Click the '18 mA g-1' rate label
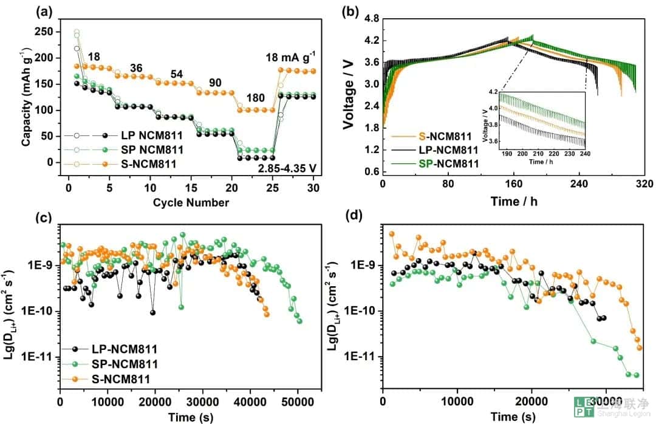[289, 58]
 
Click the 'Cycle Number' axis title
[191, 202]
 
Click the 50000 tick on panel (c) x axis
[298, 403]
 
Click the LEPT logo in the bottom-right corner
[586, 407]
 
